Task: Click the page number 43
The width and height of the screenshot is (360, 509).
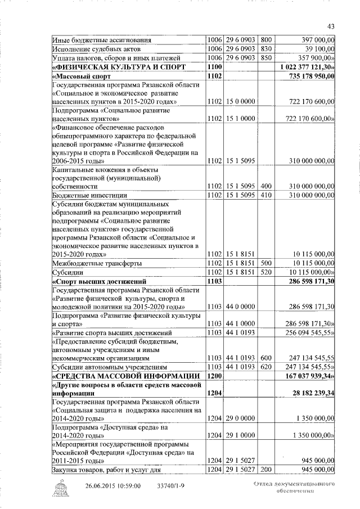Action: click(x=331, y=26)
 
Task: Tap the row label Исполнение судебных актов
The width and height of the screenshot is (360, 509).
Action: click(x=91, y=49)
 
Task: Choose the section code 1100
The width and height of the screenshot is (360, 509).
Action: click(x=214, y=66)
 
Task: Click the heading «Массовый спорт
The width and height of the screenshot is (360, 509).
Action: click(x=80, y=75)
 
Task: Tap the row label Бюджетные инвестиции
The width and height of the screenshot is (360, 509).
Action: click(x=85, y=195)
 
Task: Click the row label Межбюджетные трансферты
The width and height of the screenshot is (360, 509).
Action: click(x=97, y=263)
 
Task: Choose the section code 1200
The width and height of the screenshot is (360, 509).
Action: click(x=214, y=375)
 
